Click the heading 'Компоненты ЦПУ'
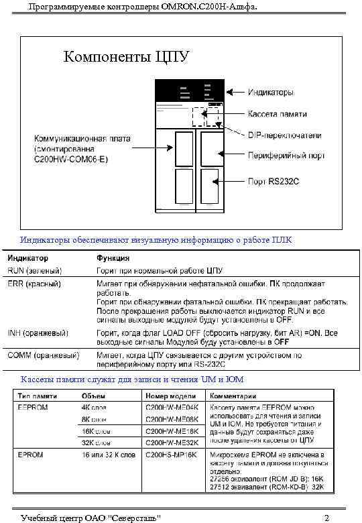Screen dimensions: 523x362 (x=126, y=56)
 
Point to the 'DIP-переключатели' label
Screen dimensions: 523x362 (x=284, y=135)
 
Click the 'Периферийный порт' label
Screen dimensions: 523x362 (x=286, y=156)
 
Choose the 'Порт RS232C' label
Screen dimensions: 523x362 (x=274, y=181)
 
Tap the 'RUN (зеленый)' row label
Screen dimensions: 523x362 (x=35, y=271)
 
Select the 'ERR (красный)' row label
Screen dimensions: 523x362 (x=35, y=284)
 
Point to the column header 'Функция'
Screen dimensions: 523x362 (x=113, y=258)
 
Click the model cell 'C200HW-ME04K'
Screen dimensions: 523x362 (x=172, y=407)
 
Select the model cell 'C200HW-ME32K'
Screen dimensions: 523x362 (x=172, y=443)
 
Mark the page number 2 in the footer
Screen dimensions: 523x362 (x=326, y=518)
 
